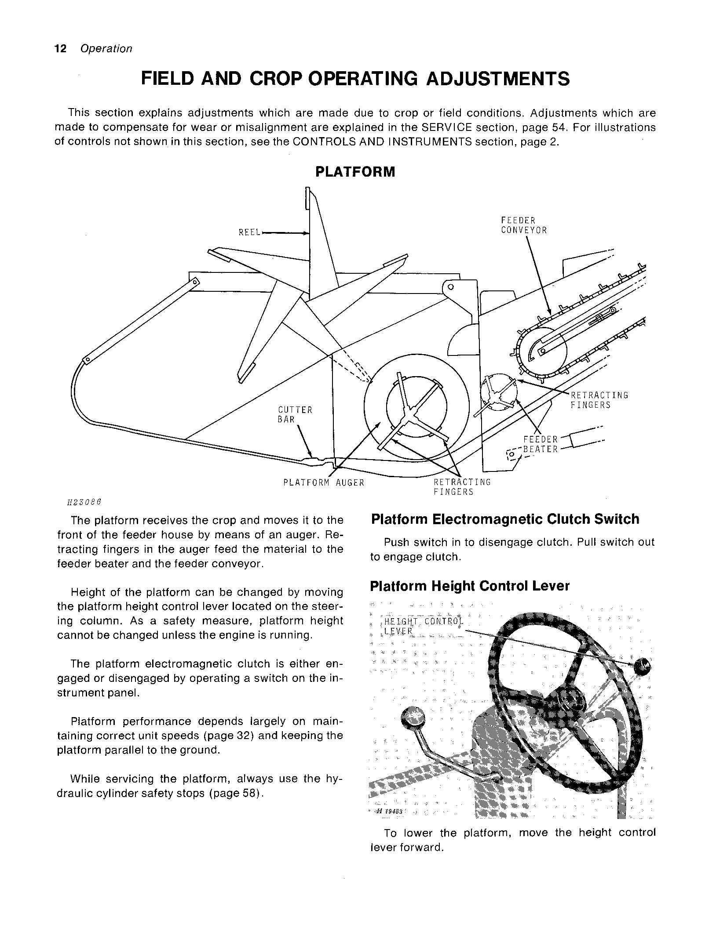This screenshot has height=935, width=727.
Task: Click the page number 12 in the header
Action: (x=60, y=49)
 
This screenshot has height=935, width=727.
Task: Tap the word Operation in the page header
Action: (x=106, y=49)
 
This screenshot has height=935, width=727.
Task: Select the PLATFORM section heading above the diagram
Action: (x=355, y=172)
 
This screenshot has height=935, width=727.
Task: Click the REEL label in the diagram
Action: (x=249, y=232)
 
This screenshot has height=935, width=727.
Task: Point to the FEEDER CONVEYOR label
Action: (x=523, y=225)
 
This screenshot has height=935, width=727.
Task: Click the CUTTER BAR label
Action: (x=295, y=414)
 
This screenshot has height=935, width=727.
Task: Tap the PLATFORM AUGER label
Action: (x=324, y=482)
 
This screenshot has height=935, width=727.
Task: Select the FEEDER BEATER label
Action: (x=540, y=444)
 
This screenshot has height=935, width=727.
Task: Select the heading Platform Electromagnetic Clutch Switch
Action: (x=505, y=519)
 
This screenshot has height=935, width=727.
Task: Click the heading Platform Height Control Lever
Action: (x=469, y=586)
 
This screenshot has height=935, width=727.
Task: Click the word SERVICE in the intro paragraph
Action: (x=445, y=127)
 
